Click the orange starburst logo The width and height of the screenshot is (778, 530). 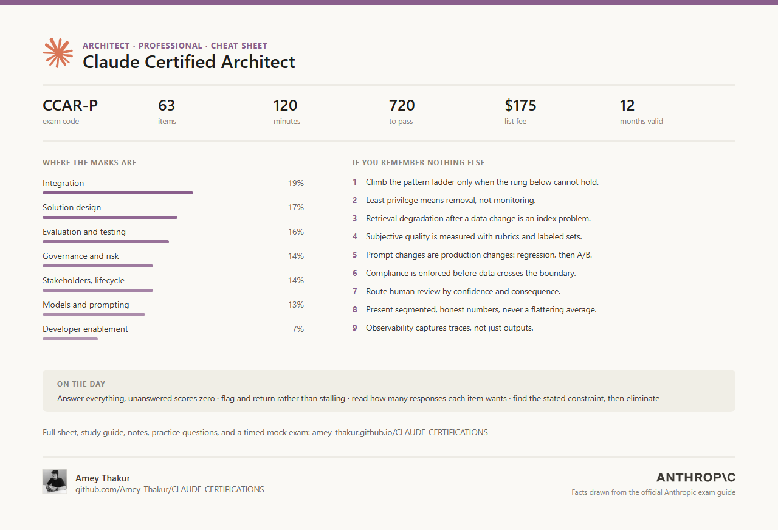click(x=58, y=53)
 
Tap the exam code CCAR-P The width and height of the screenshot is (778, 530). click(x=70, y=105)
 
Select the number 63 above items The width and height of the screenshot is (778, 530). click(x=167, y=105)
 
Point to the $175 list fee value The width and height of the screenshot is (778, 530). click(x=520, y=105)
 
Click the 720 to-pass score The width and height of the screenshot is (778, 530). click(x=402, y=105)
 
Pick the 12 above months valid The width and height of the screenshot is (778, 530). click(x=627, y=105)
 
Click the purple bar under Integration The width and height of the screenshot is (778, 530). click(x=118, y=193)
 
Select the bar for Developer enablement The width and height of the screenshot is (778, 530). click(x=70, y=339)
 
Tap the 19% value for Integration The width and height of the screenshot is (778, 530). click(x=296, y=183)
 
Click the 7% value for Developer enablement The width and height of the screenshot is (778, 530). click(x=298, y=329)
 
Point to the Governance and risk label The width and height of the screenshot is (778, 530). click(x=81, y=256)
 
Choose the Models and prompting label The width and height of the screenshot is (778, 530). click(x=86, y=305)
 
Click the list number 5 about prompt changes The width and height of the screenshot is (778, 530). click(x=354, y=255)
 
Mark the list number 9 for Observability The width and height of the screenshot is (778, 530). click(x=354, y=328)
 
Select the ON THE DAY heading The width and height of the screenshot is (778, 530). click(x=81, y=384)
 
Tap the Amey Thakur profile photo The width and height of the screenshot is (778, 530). click(x=55, y=481)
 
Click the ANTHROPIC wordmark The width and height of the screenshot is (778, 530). click(x=696, y=478)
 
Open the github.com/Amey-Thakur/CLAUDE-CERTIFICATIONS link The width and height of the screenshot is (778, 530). click(x=170, y=490)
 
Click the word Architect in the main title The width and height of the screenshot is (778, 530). click(x=258, y=62)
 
